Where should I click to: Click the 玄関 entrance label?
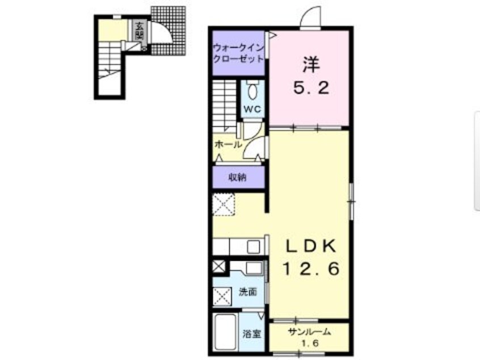[x=139, y=31]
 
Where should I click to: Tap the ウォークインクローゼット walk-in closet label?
[x=238, y=53]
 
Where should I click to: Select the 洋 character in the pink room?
[x=311, y=64]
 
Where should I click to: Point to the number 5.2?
[x=311, y=88]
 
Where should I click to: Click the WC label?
[x=252, y=109]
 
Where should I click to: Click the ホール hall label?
[x=228, y=144]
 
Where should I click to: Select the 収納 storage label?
[x=238, y=177]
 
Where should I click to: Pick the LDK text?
[x=311, y=245]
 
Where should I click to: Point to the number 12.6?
[x=311, y=269]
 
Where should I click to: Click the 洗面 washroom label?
[x=247, y=292]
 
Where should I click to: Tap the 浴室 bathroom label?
[x=252, y=334]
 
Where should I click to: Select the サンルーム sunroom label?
[x=309, y=332]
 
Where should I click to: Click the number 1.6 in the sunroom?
[x=310, y=343]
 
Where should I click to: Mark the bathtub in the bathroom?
[x=226, y=332]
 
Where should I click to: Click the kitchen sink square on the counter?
[x=254, y=246]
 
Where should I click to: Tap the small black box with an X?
[x=218, y=266]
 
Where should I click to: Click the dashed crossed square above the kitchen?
[x=224, y=204]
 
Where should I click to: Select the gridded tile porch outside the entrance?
[x=169, y=31]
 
